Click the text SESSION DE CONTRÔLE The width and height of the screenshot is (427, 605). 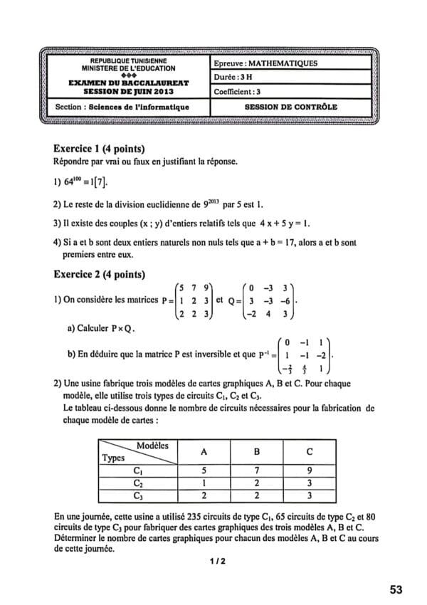pyautogui.click(x=290, y=107)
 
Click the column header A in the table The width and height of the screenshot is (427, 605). pyautogui.click(x=205, y=451)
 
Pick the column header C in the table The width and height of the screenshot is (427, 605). pyautogui.click(x=308, y=451)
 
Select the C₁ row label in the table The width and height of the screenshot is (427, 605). pyautogui.click(x=138, y=470)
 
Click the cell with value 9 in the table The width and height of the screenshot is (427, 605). pyautogui.click(x=308, y=470)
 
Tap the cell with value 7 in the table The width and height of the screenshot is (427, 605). pyautogui.click(x=256, y=470)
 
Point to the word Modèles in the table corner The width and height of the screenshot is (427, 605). pyautogui.click(x=152, y=445)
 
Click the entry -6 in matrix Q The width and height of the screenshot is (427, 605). pyautogui.click(x=284, y=300)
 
